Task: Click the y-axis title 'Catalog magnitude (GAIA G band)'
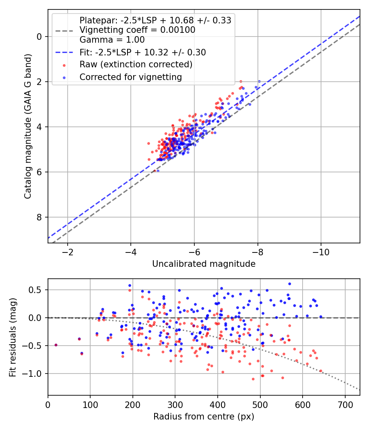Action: pyautogui.click(x=28, y=126)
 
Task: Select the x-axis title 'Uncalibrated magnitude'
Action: pyautogui.click(x=204, y=264)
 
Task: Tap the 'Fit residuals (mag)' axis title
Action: pyautogui.click(x=13, y=337)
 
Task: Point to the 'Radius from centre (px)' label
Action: pyautogui.click(x=204, y=417)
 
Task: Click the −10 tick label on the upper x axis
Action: pyautogui.click(x=321, y=252)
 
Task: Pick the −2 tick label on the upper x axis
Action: pyautogui.click(x=67, y=252)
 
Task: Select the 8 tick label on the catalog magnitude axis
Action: pyautogui.click(x=39, y=217)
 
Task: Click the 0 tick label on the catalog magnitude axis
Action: pyautogui.click(x=39, y=37)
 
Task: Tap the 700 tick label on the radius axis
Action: pyautogui.click(x=345, y=405)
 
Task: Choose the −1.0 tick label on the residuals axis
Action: pyautogui.click(x=32, y=374)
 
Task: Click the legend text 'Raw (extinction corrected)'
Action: pyautogui.click(x=136, y=64)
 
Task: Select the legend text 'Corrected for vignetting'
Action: pyautogui.click(x=131, y=77)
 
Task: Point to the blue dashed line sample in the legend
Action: pyautogui.click(x=64, y=52)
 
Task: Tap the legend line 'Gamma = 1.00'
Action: pyautogui.click(x=112, y=40)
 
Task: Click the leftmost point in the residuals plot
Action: pyautogui.click(x=56, y=345)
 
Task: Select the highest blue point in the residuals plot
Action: pyautogui.click(x=289, y=284)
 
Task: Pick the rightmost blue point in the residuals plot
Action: pyautogui.click(x=321, y=317)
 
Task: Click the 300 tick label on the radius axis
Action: pyautogui.click(x=175, y=405)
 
